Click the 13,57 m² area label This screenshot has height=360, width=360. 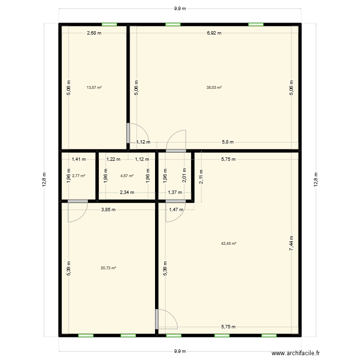[94, 88]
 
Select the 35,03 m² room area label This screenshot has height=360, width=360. [214, 88]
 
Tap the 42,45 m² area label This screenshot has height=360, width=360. [228, 243]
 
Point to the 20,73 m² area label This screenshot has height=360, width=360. [108, 268]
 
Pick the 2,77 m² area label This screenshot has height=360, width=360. [79, 176]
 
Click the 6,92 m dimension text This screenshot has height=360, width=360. [214, 33]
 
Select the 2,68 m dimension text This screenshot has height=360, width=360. [94, 33]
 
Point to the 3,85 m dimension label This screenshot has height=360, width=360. [108, 209]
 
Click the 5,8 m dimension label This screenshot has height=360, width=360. [228, 142]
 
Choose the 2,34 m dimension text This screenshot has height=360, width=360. [127, 192]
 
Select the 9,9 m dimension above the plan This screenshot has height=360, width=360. [180, 9]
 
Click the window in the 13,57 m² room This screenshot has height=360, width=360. [109, 24]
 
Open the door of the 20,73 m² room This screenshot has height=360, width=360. [77, 211]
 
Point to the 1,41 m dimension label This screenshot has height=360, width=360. [79, 159]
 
